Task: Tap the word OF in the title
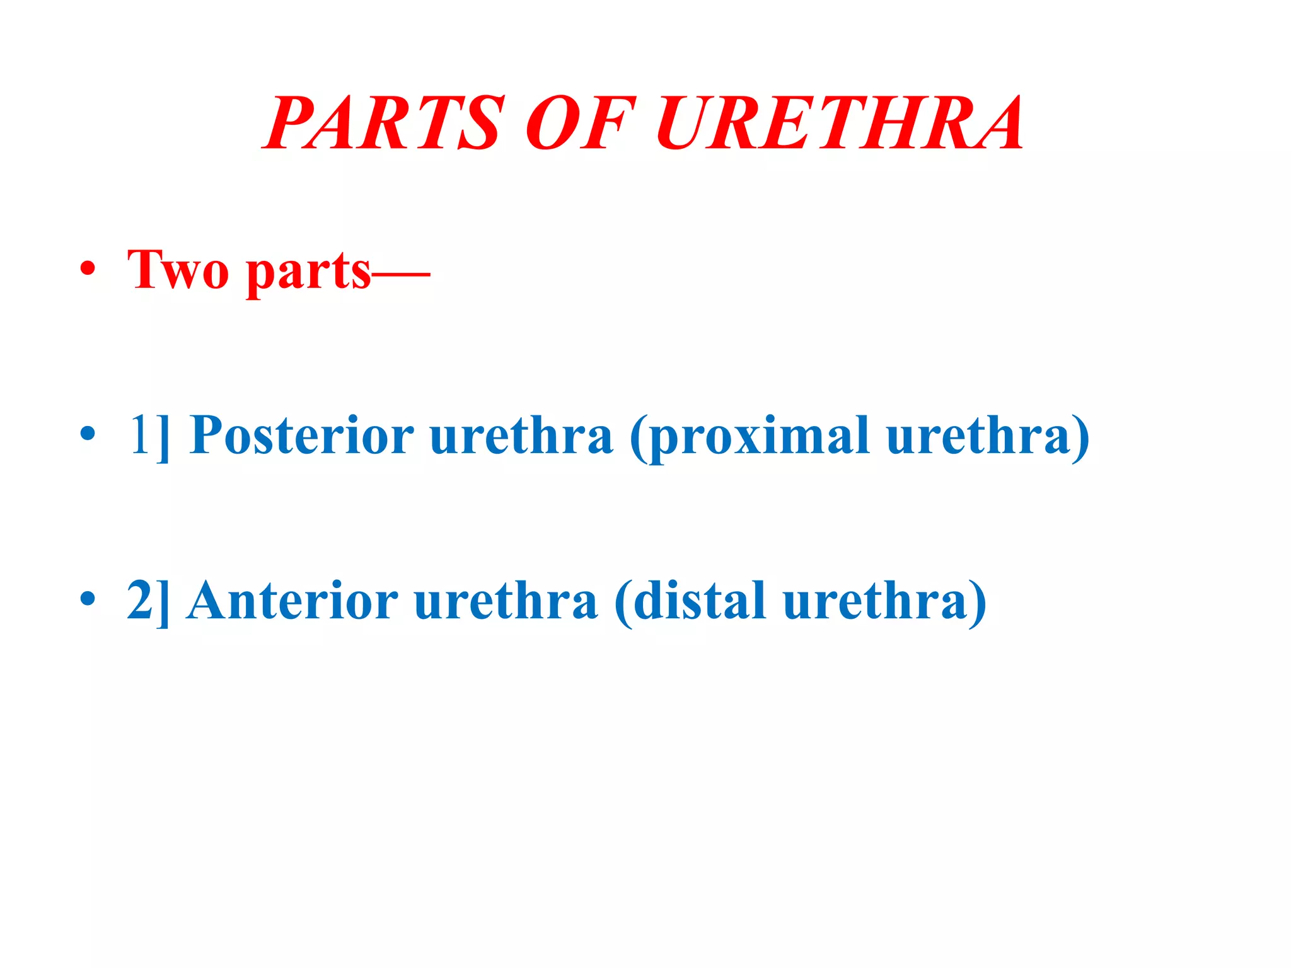[580, 123]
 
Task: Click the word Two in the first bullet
[178, 271]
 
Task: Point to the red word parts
[308, 272]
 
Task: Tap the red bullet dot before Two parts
[88, 270]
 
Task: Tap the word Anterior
[292, 600]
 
